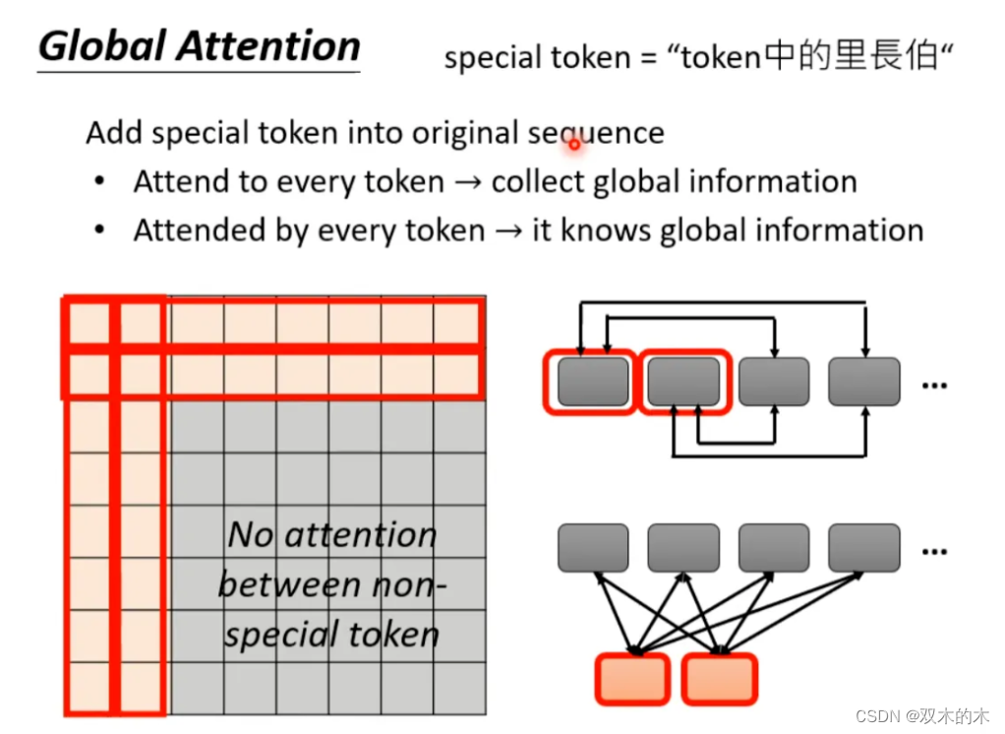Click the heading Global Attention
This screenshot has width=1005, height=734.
click(200, 47)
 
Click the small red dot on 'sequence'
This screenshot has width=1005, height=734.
click(573, 145)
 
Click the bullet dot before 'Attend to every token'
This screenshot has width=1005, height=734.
click(99, 183)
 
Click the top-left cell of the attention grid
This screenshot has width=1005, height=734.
click(90, 323)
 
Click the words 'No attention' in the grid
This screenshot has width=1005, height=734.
click(332, 535)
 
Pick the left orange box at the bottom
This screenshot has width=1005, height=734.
click(632, 679)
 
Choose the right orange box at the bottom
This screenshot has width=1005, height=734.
click(720, 679)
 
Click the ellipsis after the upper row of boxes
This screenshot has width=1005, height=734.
click(934, 384)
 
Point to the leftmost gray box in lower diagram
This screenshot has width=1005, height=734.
click(593, 548)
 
